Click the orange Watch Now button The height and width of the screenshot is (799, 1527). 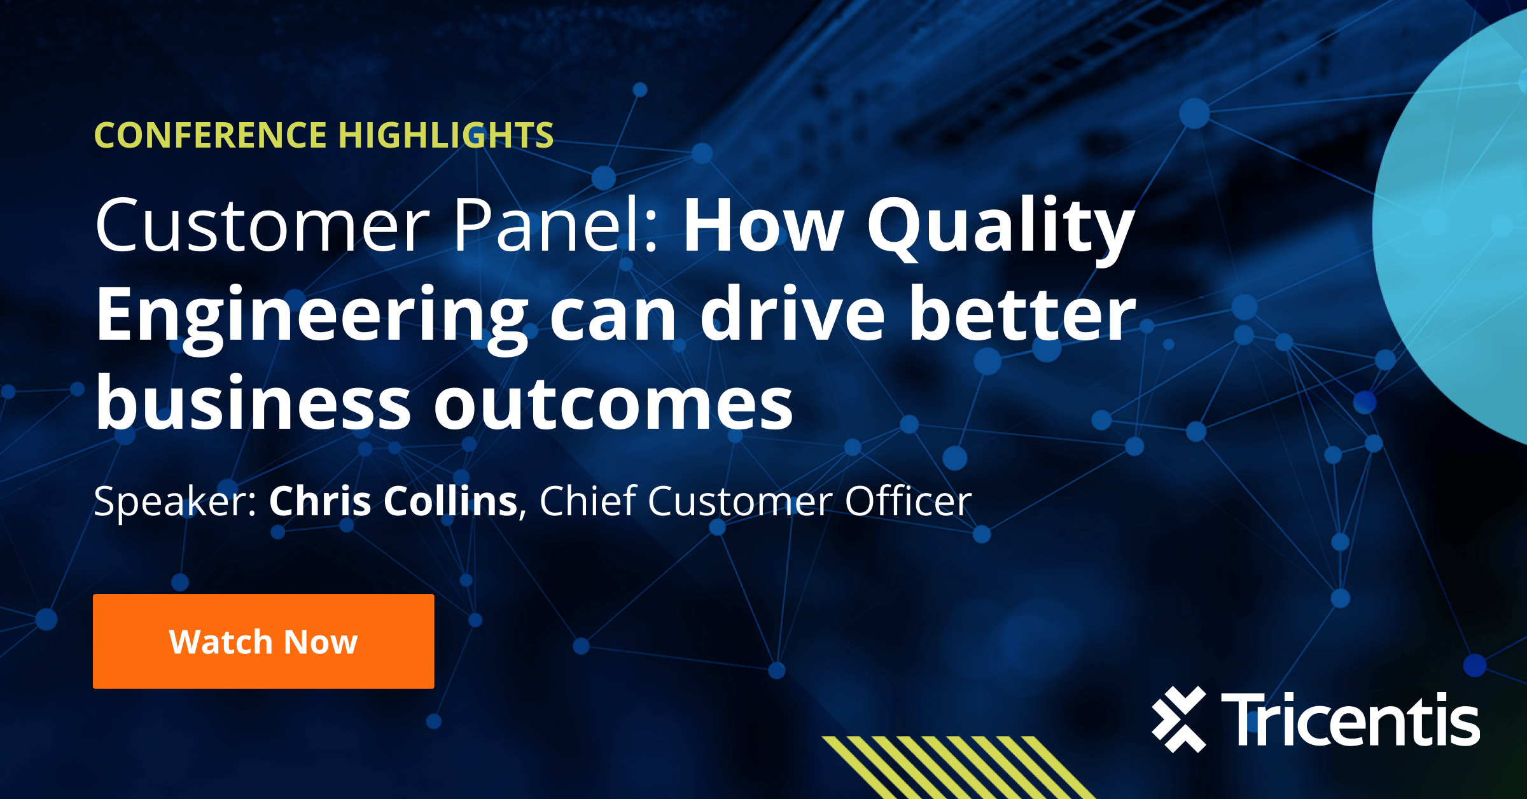(263, 641)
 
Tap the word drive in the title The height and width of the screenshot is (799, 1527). (792, 315)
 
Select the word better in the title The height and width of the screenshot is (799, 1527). (1022, 315)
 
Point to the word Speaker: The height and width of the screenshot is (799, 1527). (175, 502)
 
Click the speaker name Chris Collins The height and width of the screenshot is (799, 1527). (393, 501)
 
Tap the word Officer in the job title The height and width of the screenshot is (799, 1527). (908, 501)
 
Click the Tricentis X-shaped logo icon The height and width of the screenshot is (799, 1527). (1179, 719)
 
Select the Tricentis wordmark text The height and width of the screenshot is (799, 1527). (1350, 719)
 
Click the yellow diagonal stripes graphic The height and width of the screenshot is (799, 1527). (954, 767)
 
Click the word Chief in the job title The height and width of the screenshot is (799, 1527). (589, 501)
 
